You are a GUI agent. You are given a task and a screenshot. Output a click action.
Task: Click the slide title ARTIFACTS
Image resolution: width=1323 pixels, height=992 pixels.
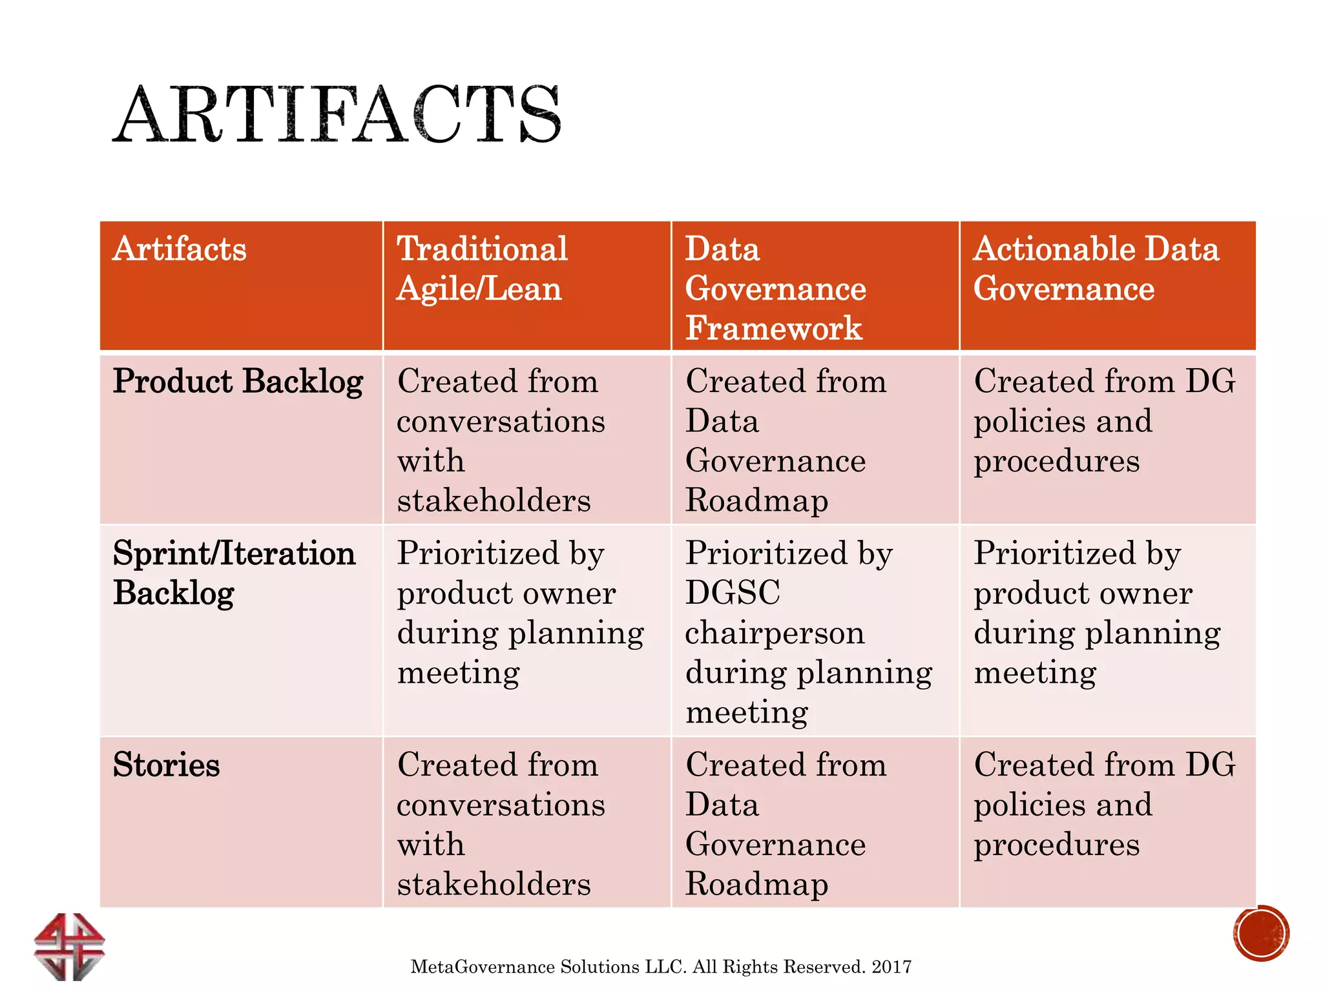[337, 115]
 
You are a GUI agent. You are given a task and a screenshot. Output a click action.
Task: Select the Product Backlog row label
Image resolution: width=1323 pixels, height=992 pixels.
[238, 382]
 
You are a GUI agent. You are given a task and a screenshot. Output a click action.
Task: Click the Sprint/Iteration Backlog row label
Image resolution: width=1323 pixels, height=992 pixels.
[234, 573]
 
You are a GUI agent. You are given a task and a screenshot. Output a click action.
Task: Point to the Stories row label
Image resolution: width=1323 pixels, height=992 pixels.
[167, 765]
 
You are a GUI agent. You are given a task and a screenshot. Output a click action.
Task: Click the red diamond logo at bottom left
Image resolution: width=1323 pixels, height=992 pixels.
[69, 946]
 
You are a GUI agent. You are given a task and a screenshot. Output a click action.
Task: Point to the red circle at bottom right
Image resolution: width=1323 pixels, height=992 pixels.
[1261, 933]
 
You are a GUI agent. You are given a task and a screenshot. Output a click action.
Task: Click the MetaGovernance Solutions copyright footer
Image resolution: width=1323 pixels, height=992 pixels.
[661, 967]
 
